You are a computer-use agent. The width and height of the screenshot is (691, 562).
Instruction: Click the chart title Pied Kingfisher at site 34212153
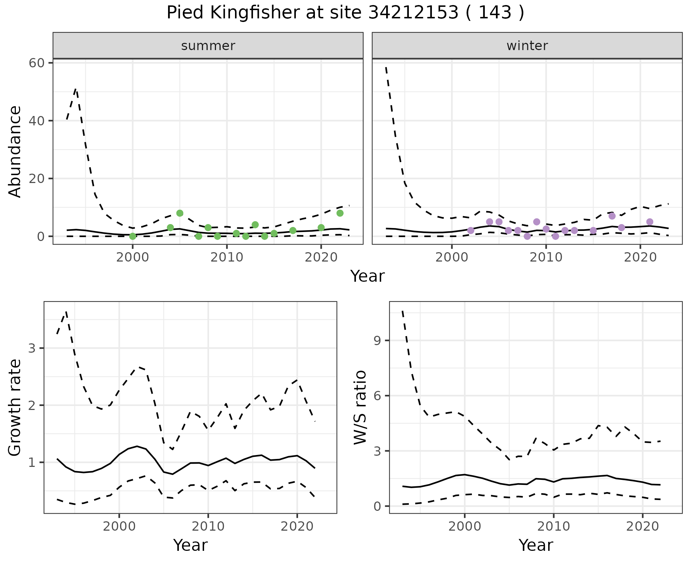pos(345,13)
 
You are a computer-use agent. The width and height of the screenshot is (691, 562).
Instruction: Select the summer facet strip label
pos(208,46)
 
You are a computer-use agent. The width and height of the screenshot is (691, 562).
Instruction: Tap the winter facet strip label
pos(527,46)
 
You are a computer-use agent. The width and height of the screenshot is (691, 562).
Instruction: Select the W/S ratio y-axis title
pos(360,407)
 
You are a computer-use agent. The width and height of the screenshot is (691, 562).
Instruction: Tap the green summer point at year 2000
pos(132,236)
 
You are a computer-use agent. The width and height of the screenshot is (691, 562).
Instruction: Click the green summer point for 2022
pos(340,213)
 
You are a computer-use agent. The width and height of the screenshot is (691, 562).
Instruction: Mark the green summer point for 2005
pos(180,213)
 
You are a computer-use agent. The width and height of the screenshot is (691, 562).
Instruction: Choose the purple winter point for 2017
pos(612,216)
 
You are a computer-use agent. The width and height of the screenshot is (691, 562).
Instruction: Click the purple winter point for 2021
pos(650,222)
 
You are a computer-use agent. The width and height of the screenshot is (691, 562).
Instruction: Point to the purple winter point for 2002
pos(471,231)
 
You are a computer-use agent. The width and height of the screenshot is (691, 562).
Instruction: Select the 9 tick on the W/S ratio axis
pos(378,341)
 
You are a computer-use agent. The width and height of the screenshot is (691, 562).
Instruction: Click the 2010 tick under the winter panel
pos(546,258)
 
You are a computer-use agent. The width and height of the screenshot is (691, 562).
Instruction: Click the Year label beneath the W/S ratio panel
pos(536,545)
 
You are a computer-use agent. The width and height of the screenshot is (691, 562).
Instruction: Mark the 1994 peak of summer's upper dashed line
pos(76,89)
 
